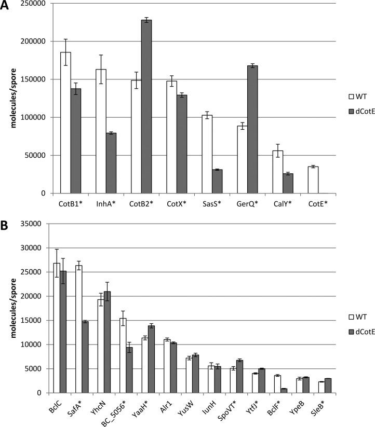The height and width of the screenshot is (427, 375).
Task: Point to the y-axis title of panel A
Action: (9, 99)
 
